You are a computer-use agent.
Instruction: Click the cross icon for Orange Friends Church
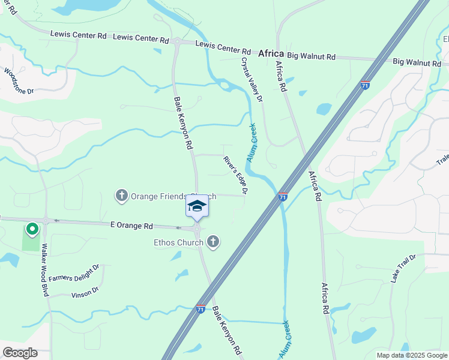coord(122,195)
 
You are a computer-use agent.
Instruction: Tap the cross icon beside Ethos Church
coord(212,242)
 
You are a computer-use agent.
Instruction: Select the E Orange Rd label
coord(131,226)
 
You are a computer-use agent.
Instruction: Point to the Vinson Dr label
coord(85,293)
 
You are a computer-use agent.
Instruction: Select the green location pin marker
coord(32,229)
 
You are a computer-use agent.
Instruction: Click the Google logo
coord(20,353)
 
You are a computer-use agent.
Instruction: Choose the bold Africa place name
coord(271,53)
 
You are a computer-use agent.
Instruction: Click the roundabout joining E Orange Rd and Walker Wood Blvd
coord(46,220)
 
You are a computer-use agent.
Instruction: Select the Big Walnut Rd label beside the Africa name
coord(311,56)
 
